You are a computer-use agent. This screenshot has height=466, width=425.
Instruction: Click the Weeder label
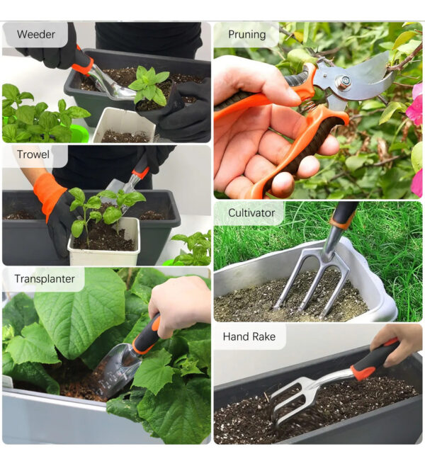pos(36,34)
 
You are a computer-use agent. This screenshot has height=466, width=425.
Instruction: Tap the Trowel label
pos(33,154)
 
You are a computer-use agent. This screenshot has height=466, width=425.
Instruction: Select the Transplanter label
pos(45,279)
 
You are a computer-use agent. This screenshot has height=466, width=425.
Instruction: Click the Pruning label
pos(247,34)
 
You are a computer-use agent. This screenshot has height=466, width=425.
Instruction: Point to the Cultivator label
pos(251,212)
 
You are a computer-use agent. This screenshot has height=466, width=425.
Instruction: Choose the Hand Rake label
pos(249,336)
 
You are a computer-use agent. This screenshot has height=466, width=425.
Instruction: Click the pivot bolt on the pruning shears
pos(344,81)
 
